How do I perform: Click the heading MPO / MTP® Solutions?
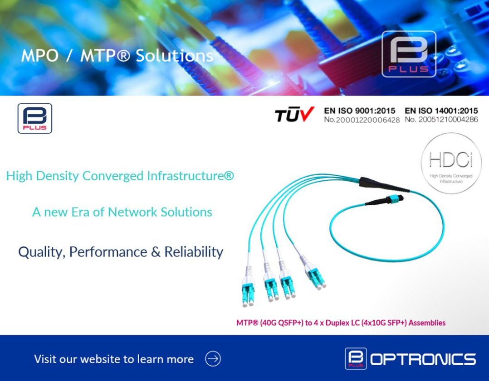click(117, 56)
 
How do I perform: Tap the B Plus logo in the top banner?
click(409, 54)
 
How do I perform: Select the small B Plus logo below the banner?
click(35, 119)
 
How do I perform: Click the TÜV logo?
click(294, 115)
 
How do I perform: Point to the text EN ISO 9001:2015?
click(359, 111)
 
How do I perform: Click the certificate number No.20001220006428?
click(362, 120)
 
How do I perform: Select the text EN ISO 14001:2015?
click(441, 111)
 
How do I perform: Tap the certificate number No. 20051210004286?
click(441, 120)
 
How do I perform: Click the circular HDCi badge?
click(451, 163)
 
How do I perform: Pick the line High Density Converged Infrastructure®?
click(120, 176)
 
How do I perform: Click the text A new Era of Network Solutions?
click(122, 212)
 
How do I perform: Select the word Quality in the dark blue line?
click(39, 252)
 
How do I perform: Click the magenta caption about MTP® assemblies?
click(341, 323)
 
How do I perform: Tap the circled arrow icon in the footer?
click(213, 359)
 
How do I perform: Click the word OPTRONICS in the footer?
click(423, 359)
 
